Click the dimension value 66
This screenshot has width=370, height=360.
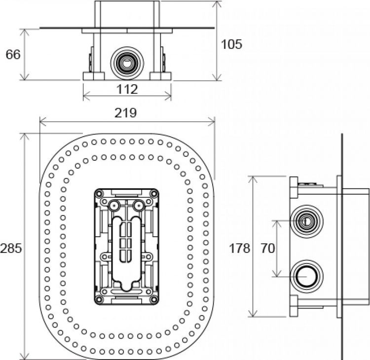coord(13,54)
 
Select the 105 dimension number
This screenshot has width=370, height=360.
coord(231,44)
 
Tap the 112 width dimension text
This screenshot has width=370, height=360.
coord(127,89)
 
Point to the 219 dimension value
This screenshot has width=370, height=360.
coord(126,113)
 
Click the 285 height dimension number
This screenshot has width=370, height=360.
coord(11,248)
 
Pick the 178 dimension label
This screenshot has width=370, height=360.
coord(240,248)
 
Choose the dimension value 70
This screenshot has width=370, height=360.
coord(267,248)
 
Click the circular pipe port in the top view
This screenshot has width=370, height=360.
coord(127,63)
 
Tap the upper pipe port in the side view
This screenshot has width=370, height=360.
coord(306,220)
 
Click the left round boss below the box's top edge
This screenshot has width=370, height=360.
coord(114,204)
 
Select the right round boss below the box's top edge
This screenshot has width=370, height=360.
coord(139,204)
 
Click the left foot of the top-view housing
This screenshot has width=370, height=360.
coord(94,76)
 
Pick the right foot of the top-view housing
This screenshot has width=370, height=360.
coord(161,76)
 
